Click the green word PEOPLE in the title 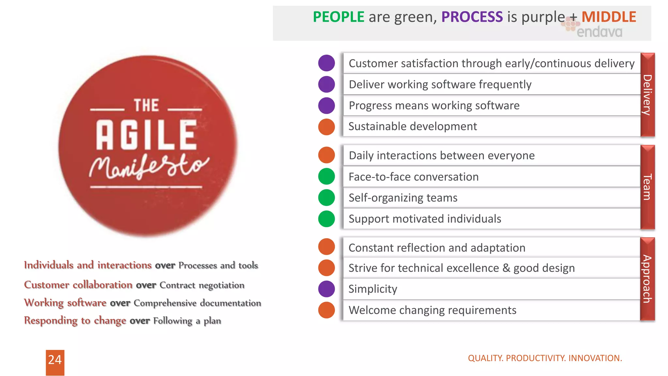338,17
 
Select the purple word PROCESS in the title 472,17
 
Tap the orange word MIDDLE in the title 609,17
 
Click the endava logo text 599,32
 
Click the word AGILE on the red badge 146,134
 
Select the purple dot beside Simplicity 326,289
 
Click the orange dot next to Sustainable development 326,127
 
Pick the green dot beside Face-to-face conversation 326,177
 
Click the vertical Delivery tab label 647,95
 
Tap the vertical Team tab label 647,187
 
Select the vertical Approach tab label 647,279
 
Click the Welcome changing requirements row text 432,310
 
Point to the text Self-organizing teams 403,198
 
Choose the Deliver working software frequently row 440,85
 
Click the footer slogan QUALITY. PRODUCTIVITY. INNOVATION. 545,358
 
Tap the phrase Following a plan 187,321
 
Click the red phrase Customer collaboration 78,285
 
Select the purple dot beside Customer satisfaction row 326,63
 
